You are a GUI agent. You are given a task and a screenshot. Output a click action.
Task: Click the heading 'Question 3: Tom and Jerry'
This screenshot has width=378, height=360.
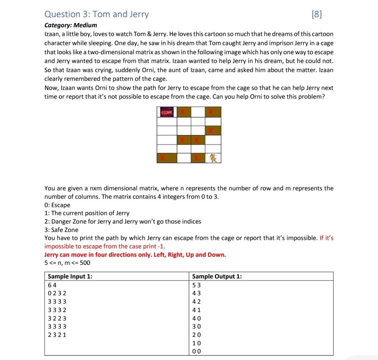point(96,14)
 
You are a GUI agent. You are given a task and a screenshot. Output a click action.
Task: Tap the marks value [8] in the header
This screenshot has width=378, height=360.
point(317,14)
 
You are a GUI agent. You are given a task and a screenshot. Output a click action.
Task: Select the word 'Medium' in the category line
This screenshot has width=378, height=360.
point(85,25)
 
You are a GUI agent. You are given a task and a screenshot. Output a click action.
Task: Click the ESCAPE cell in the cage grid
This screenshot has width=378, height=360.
point(167,112)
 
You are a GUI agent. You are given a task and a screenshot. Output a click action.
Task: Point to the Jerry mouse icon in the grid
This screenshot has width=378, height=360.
point(213,158)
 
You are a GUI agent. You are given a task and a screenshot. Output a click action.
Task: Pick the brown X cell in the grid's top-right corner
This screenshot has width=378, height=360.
point(213,112)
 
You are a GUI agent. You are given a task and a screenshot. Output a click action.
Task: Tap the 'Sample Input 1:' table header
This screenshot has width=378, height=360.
point(70,277)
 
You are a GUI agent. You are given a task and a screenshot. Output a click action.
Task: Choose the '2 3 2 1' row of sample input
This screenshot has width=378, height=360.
point(57,335)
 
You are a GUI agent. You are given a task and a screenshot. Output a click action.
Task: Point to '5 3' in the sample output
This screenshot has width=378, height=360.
point(197,285)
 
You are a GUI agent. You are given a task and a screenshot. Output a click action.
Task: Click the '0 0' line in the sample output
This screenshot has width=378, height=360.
point(197,352)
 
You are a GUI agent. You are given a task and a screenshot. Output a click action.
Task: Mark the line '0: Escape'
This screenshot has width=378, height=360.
point(57,205)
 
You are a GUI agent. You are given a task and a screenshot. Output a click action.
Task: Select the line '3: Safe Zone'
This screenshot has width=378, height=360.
point(61,230)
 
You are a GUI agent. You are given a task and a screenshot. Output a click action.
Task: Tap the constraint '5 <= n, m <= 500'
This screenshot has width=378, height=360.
point(67,263)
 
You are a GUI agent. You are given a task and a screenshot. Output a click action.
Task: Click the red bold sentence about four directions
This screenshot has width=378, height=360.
point(135,255)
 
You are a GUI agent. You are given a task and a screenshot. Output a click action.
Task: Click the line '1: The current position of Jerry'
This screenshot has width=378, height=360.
point(87,213)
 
